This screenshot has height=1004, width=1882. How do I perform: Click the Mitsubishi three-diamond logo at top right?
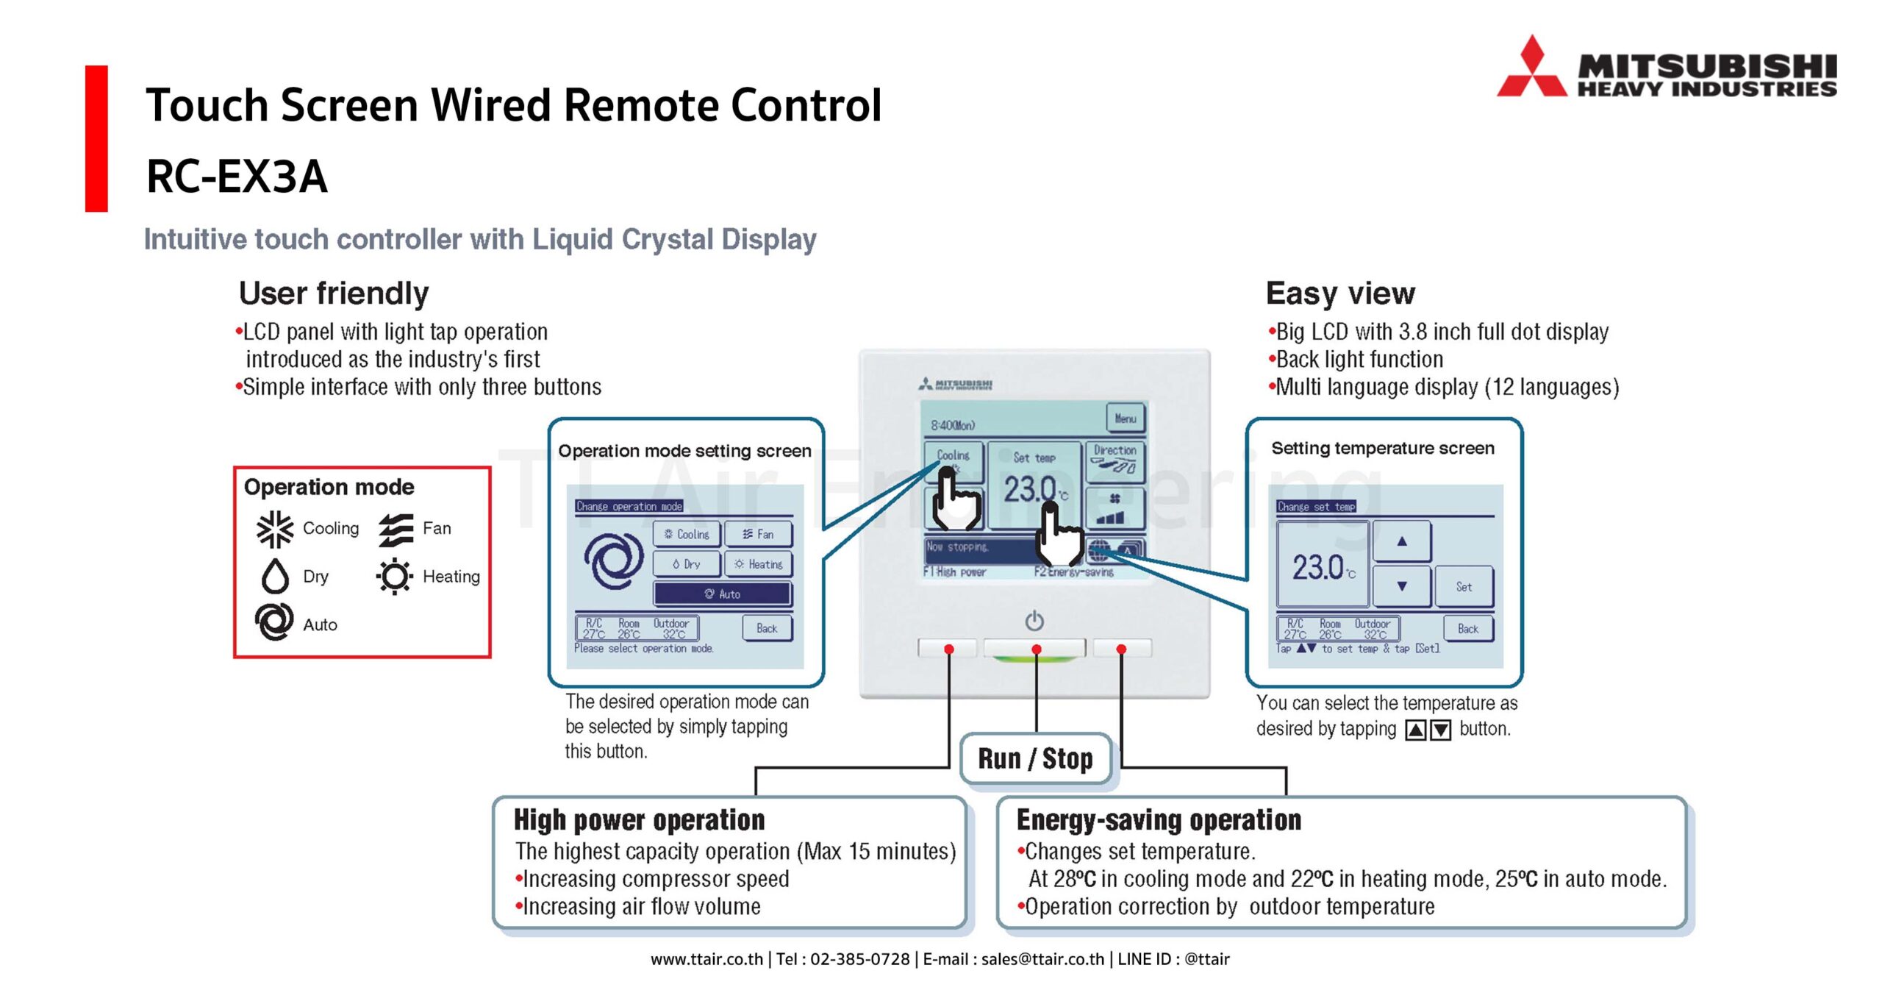[1531, 70]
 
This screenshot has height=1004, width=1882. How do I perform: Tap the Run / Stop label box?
[1034, 758]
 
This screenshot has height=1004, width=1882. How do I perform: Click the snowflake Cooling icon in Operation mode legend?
[274, 529]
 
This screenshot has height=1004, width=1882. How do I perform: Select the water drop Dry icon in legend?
[275, 576]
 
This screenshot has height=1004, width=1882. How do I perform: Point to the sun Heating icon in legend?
[395, 576]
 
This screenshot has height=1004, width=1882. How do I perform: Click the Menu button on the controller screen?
[1125, 418]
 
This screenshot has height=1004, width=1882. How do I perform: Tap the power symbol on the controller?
[1034, 621]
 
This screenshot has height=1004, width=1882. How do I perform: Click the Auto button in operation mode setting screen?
[722, 594]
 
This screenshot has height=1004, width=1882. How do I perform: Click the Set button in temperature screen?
[1463, 586]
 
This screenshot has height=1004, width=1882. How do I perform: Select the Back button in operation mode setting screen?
[767, 628]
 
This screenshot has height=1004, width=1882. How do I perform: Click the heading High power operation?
[639, 819]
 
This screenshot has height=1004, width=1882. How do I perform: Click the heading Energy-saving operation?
[1159, 819]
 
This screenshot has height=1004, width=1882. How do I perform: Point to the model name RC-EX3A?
[237, 177]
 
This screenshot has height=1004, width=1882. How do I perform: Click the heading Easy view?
[1339, 293]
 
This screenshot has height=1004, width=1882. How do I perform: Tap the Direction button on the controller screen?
[1114, 459]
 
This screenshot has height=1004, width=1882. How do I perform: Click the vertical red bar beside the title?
[96, 138]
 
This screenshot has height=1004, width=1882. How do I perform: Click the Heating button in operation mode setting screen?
[758, 564]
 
